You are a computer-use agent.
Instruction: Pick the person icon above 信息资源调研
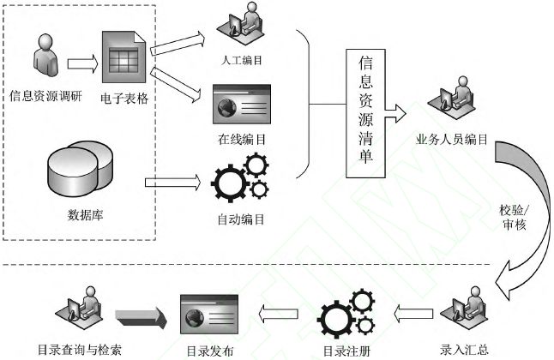pyautogui.click(x=44, y=55)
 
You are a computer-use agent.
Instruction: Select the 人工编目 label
pyautogui.click(x=241, y=60)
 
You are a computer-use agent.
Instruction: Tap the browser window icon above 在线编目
pyautogui.click(x=241, y=105)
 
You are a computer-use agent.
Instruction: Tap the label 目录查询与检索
pyautogui.click(x=80, y=349)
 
